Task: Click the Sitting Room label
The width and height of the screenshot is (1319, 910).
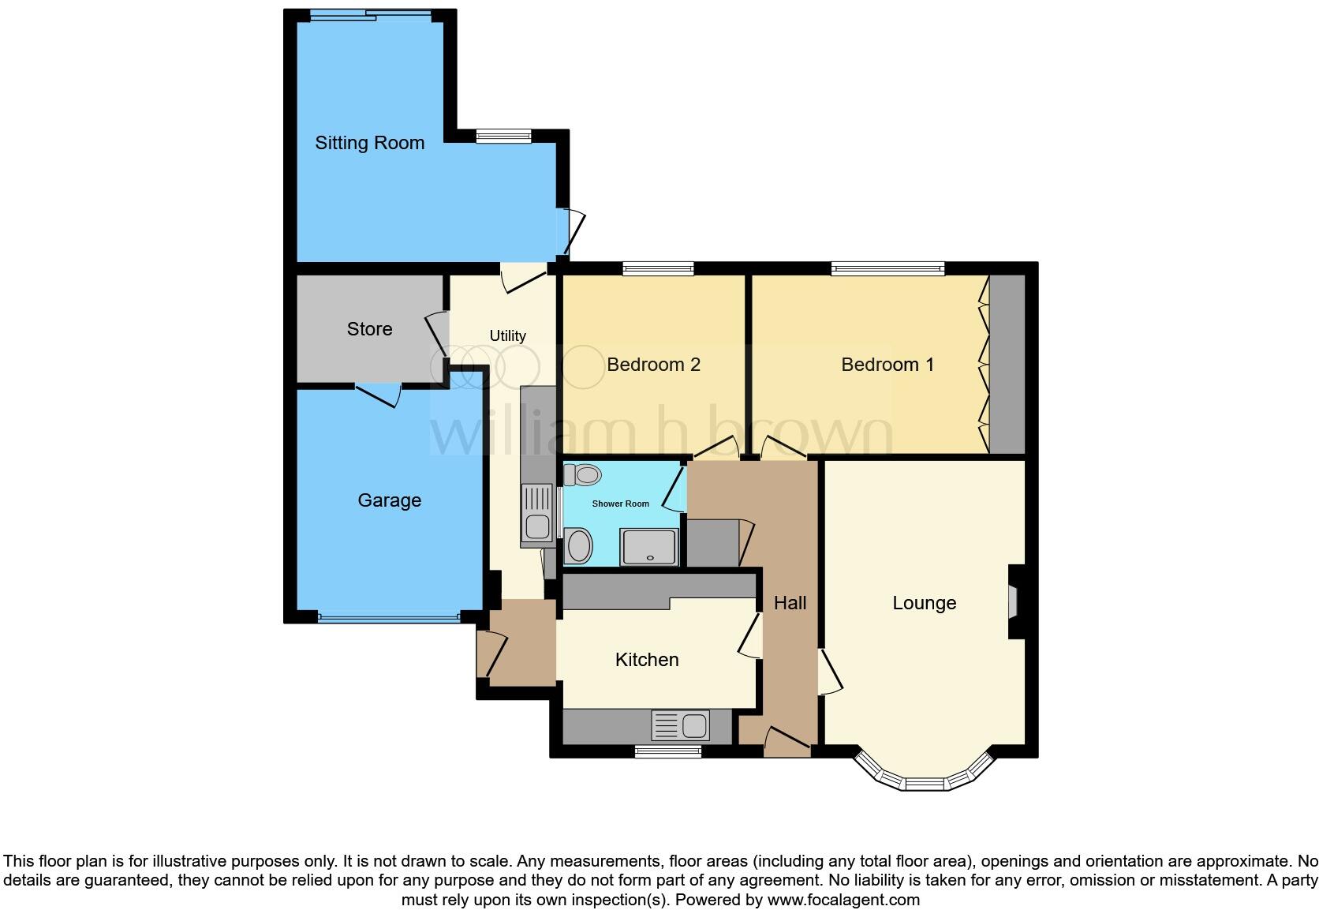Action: pos(369,143)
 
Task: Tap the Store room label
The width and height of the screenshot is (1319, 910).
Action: pos(369,329)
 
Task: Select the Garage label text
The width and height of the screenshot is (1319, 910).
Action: pos(389,500)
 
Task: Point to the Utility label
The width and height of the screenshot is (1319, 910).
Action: pos(507,336)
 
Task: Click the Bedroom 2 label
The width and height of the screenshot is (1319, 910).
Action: pos(653,365)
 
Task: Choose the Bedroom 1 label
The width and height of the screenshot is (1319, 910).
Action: pos(887,365)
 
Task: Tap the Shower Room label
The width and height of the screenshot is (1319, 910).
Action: pos(621,504)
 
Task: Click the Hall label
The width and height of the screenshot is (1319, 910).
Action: pos(790,603)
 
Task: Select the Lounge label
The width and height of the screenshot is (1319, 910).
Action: pos(924,603)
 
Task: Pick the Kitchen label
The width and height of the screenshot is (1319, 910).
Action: pos(647,660)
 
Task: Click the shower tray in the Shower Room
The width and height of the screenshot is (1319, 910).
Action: pos(649,547)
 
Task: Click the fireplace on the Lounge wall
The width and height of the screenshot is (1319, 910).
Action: pos(1013,602)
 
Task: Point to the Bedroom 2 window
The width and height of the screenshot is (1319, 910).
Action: pos(658,269)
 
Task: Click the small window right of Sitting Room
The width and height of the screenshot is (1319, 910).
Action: pos(503,137)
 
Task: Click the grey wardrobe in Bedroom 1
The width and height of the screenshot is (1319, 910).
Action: pos(1007,365)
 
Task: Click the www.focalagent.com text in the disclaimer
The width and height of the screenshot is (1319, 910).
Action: pos(843,899)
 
